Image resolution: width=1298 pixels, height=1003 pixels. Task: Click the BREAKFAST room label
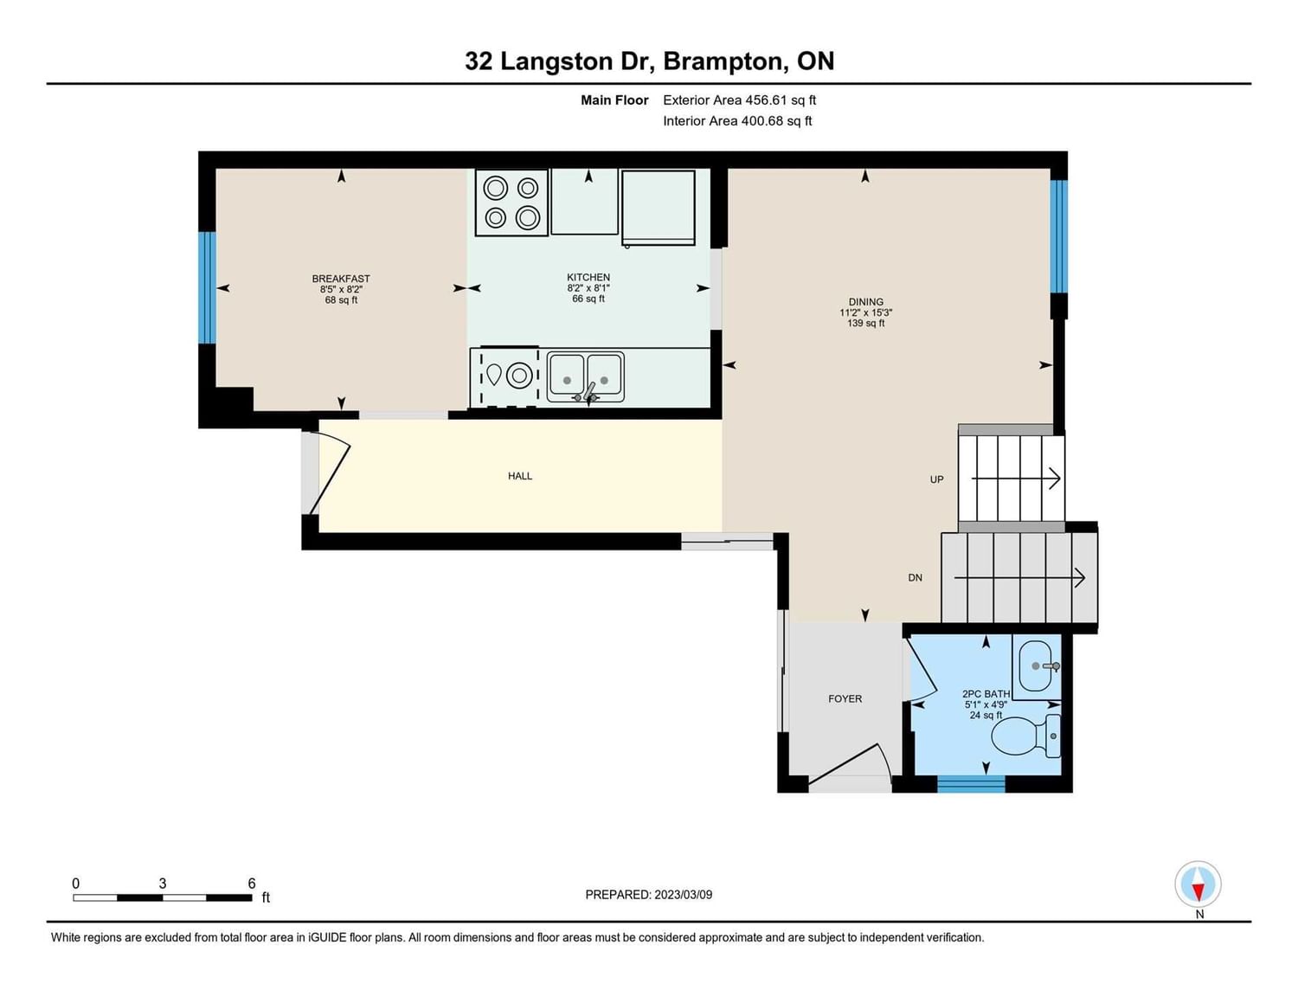(x=340, y=279)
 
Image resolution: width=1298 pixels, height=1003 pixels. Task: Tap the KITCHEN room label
(x=588, y=277)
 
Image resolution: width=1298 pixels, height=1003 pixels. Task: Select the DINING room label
(x=865, y=302)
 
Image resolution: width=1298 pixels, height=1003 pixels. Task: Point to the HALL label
(x=520, y=476)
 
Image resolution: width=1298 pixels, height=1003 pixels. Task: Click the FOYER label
(x=845, y=699)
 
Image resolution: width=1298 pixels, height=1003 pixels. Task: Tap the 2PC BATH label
(x=986, y=694)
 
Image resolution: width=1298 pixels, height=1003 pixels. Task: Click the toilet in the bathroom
(x=1025, y=736)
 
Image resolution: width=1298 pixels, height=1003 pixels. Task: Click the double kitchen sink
(x=585, y=376)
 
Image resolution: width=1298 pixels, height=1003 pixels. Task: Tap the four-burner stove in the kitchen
(x=511, y=203)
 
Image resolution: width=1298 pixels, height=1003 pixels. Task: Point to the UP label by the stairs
(x=936, y=479)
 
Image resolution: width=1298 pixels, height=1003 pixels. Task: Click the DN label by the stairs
(x=916, y=578)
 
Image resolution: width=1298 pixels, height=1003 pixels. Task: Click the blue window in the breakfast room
(x=207, y=288)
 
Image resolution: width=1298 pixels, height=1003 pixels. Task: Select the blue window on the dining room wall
(x=1058, y=236)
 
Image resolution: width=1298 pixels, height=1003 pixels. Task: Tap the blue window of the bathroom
(x=971, y=784)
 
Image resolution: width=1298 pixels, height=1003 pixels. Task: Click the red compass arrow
(x=1198, y=892)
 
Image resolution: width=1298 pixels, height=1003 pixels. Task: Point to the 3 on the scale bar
(x=162, y=884)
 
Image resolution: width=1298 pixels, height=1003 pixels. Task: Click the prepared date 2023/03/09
(x=684, y=895)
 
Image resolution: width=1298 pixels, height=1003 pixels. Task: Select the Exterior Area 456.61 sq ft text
(x=739, y=100)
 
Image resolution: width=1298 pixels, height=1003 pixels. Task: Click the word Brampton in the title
(x=724, y=61)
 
